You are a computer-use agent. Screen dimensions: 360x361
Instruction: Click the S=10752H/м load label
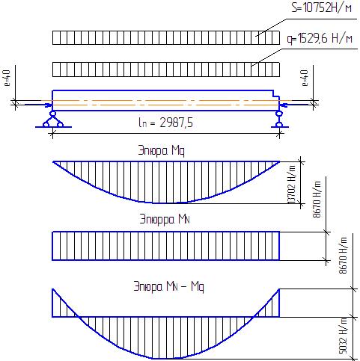click(x=322, y=7)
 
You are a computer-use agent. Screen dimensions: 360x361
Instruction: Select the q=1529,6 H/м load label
click(x=320, y=39)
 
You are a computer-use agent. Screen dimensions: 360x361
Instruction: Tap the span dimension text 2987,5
click(x=176, y=123)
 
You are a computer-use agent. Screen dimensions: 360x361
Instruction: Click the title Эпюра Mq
click(x=162, y=151)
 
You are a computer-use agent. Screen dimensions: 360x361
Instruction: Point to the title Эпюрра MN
click(x=165, y=219)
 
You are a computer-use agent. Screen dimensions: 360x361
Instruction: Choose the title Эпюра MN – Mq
click(x=169, y=286)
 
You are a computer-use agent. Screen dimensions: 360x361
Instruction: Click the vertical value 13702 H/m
click(x=292, y=185)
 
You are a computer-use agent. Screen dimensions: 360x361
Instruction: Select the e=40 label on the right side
click(x=305, y=78)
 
